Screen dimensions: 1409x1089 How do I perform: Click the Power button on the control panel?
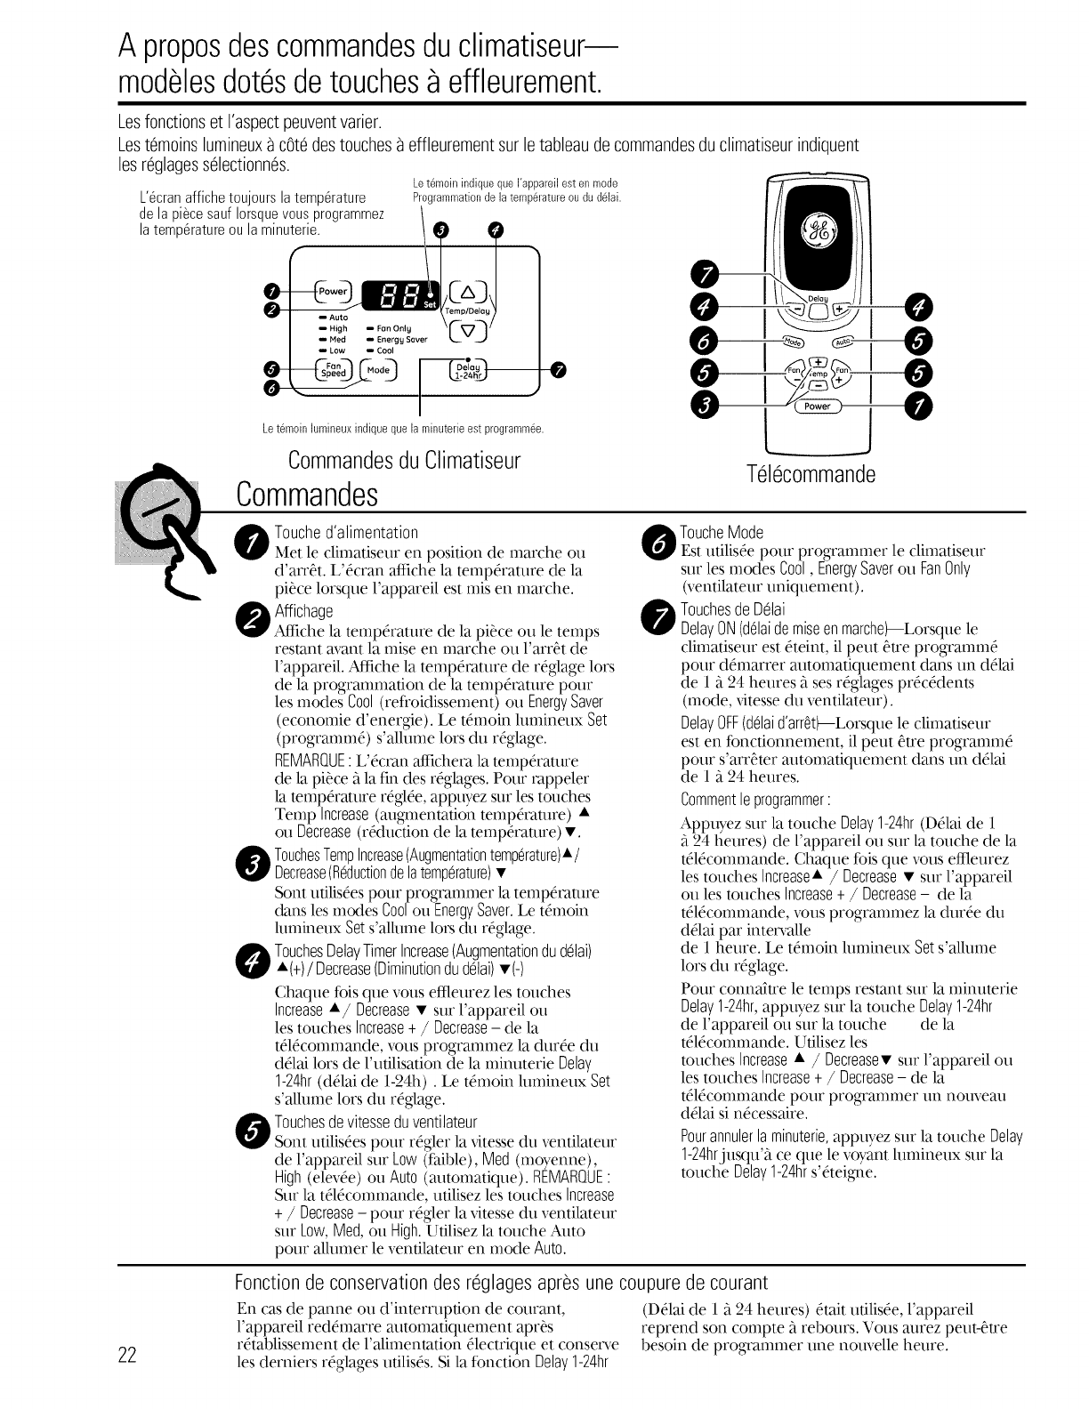335,291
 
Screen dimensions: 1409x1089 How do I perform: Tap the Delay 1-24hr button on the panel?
466,371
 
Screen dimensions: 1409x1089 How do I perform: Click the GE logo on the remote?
818,234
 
